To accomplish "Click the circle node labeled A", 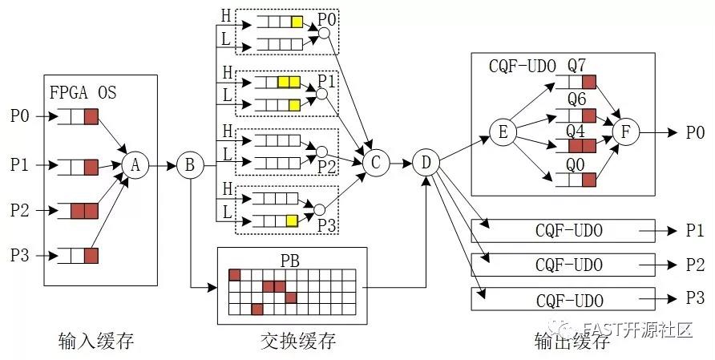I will pos(135,165).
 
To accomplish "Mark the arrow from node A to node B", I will pos(163,165).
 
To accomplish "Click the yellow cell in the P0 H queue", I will pos(297,22).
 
